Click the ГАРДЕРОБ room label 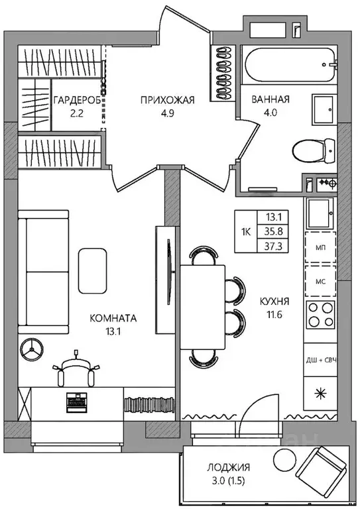click(x=77, y=100)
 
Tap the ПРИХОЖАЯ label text click(x=167, y=100)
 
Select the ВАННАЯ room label click(x=270, y=99)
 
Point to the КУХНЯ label click(x=274, y=302)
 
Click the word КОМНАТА click(x=113, y=318)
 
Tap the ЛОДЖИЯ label click(x=229, y=467)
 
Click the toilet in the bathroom click(x=314, y=150)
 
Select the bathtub click(x=290, y=65)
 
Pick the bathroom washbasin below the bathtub click(x=323, y=109)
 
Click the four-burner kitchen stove click(x=321, y=314)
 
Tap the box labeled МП click(x=320, y=247)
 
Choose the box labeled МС click(x=320, y=281)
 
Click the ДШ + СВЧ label click(x=320, y=360)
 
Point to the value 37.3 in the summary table click(x=273, y=247)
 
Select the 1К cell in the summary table click(x=246, y=232)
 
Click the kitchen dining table click(x=203, y=307)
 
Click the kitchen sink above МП click(x=320, y=213)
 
